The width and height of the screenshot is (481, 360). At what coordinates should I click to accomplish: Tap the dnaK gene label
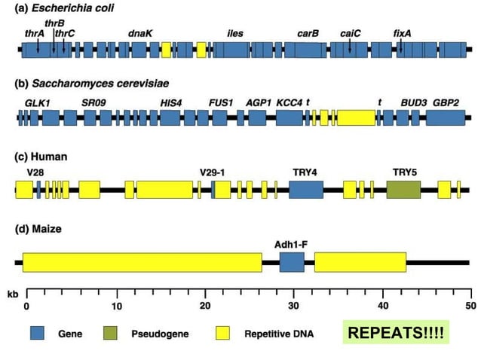140,34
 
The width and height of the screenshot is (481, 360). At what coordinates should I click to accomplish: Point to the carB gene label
308,34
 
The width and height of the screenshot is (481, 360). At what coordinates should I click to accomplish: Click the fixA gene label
403,34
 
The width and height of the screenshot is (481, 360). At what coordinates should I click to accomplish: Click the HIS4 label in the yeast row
170,102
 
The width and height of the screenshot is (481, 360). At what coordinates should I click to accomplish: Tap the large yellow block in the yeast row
356,117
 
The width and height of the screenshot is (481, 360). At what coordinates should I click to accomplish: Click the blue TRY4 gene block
305,189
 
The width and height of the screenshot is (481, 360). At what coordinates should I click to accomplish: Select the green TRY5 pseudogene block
403,189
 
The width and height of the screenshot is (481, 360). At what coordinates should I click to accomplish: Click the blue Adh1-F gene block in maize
292,262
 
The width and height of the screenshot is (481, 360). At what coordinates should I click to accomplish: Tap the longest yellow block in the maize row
142,262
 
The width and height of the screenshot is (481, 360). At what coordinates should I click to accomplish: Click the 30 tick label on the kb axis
294,305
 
